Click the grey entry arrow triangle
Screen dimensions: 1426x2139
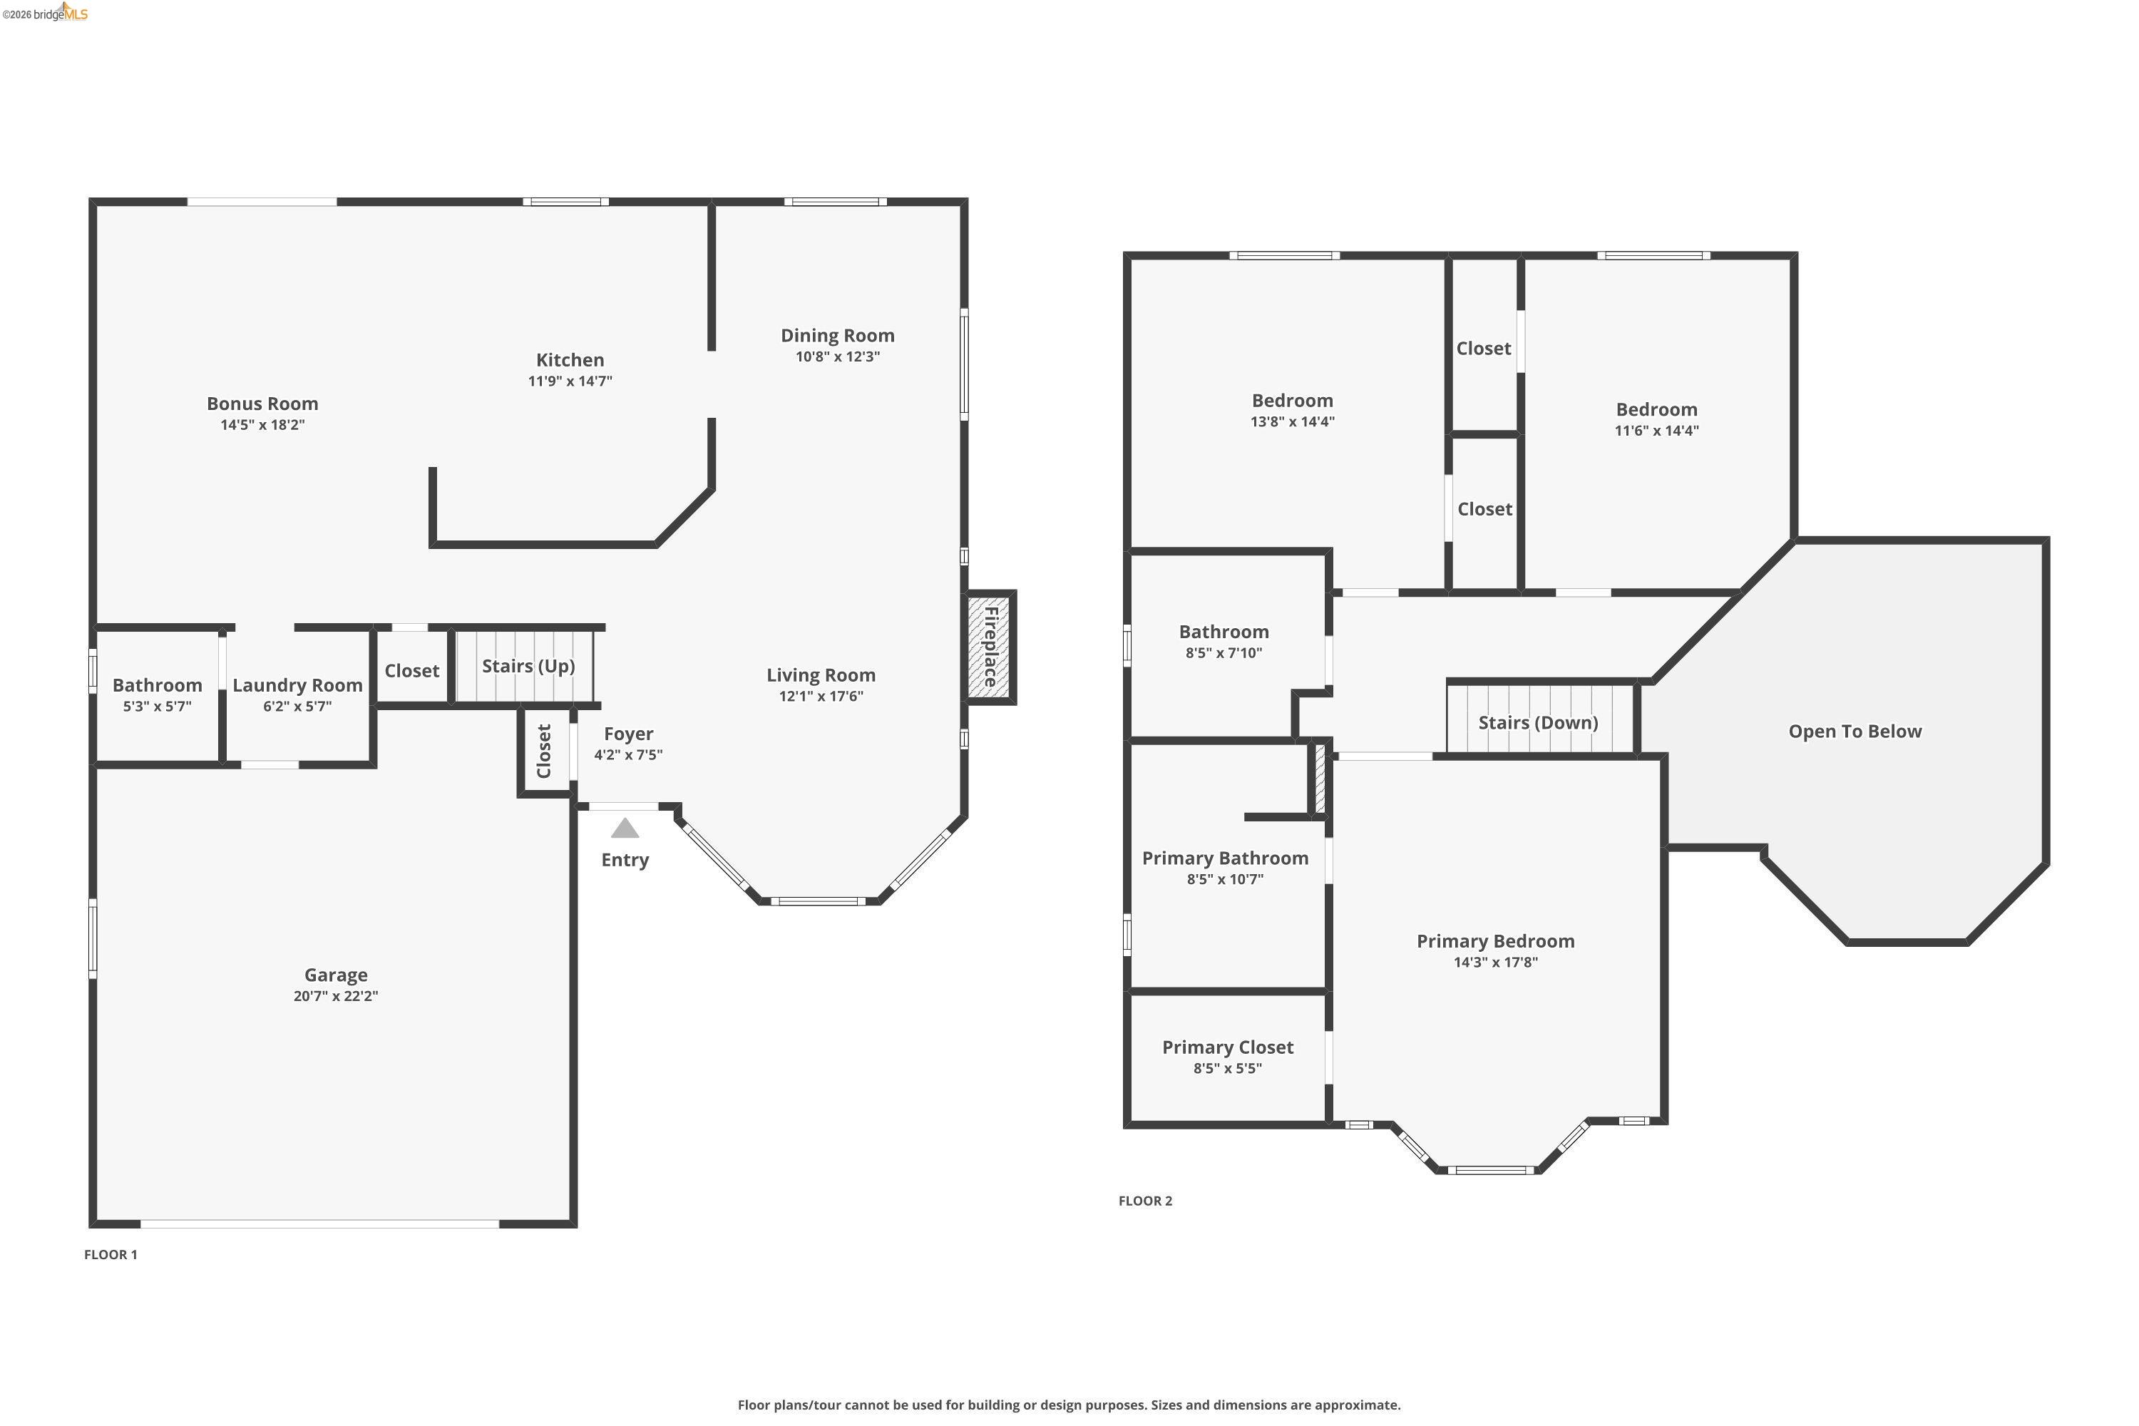click(625, 829)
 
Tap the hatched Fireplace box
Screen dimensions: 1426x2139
click(990, 647)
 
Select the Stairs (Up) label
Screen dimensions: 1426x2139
click(528, 667)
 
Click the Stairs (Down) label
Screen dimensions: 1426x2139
click(1538, 723)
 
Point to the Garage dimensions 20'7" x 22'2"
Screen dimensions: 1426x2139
click(336, 996)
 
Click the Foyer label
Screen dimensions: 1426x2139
click(628, 734)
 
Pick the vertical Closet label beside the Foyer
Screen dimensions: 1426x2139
click(544, 752)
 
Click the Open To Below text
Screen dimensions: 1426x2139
click(1855, 732)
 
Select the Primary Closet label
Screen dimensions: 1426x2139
click(1227, 1047)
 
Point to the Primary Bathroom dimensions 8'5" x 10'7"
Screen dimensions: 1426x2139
click(1224, 879)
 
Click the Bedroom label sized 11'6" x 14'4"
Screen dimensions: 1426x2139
click(1656, 410)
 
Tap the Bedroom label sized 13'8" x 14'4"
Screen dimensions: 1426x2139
click(1291, 401)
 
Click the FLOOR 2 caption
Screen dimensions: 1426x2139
click(1145, 1201)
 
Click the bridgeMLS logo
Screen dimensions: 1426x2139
click(46, 13)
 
